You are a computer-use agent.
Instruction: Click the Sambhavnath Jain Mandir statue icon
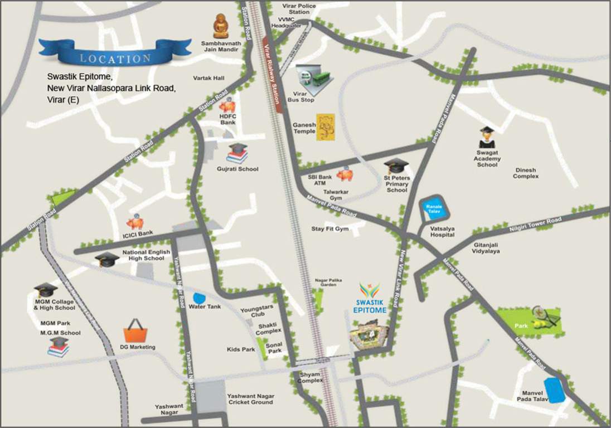pos(221,26)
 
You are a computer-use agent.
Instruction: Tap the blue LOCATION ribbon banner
pos(114,54)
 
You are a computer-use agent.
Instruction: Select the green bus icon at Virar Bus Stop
pos(319,80)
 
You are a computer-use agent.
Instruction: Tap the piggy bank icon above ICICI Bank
pos(135,222)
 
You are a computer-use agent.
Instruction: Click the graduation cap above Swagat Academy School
pos(487,136)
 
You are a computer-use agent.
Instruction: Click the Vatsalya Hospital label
pos(443,231)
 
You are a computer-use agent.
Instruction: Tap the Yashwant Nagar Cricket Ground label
pos(250,398)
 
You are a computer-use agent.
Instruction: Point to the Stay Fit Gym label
pos(330,229)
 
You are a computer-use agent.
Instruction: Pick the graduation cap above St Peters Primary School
pos(397,166)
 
